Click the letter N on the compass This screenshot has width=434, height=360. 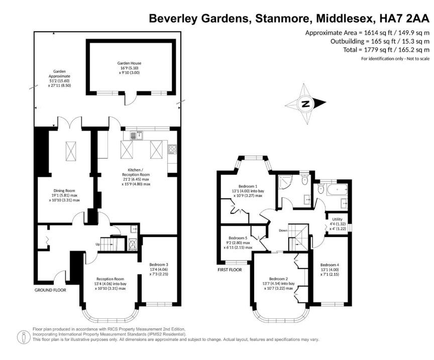coord(304,104)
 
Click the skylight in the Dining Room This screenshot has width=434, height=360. coord(71,150)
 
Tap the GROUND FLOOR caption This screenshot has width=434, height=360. coord(50,290)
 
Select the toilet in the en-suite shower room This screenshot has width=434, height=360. coord(305,180)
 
